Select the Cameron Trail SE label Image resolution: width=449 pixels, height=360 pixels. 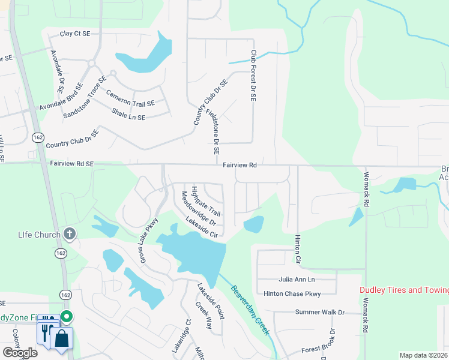click(x=130, y=98)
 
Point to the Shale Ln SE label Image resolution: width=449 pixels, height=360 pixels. click(x=128, y=113)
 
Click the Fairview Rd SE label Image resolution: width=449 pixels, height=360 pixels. click(x=72, y=163)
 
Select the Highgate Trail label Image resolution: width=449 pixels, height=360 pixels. click(x=206, y=202)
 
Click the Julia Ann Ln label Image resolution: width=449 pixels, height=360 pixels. click(x=297, y=280)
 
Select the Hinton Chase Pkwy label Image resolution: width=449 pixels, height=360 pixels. click(x=292, y=293)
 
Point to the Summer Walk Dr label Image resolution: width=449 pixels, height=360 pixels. click(x=320, y=312)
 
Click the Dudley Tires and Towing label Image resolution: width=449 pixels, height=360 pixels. click(x=404, y=290)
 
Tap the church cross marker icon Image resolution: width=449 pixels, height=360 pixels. click(x=70, y=234)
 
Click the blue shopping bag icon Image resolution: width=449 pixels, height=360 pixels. click(x=62, y=338)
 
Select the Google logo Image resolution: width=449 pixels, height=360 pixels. click(x=20, y=352)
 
